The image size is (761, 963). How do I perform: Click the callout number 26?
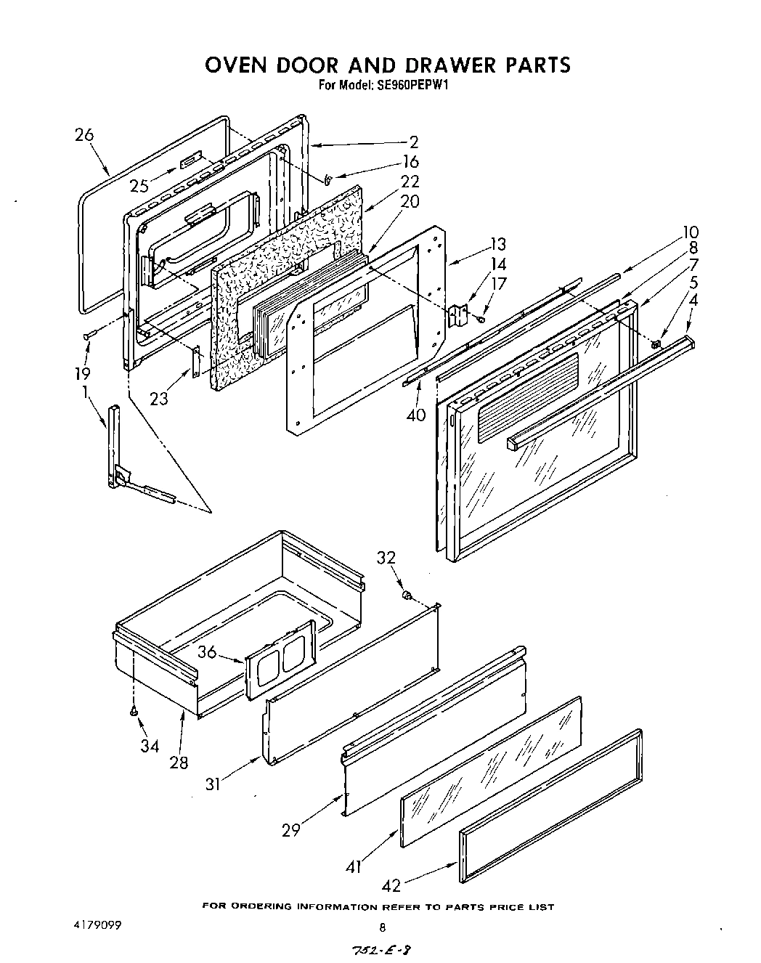point(84,135)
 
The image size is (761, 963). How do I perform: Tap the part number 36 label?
point(208,652)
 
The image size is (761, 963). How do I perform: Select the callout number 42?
point(391,885)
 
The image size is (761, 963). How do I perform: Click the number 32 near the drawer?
point(386,558)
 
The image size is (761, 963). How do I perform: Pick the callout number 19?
point(82,373)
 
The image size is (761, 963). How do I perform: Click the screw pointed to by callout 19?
point(89,335)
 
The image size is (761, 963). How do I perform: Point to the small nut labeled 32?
point(408,596)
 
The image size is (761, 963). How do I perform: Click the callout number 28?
point(179,762)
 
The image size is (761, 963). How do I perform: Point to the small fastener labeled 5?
point(656,344)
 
